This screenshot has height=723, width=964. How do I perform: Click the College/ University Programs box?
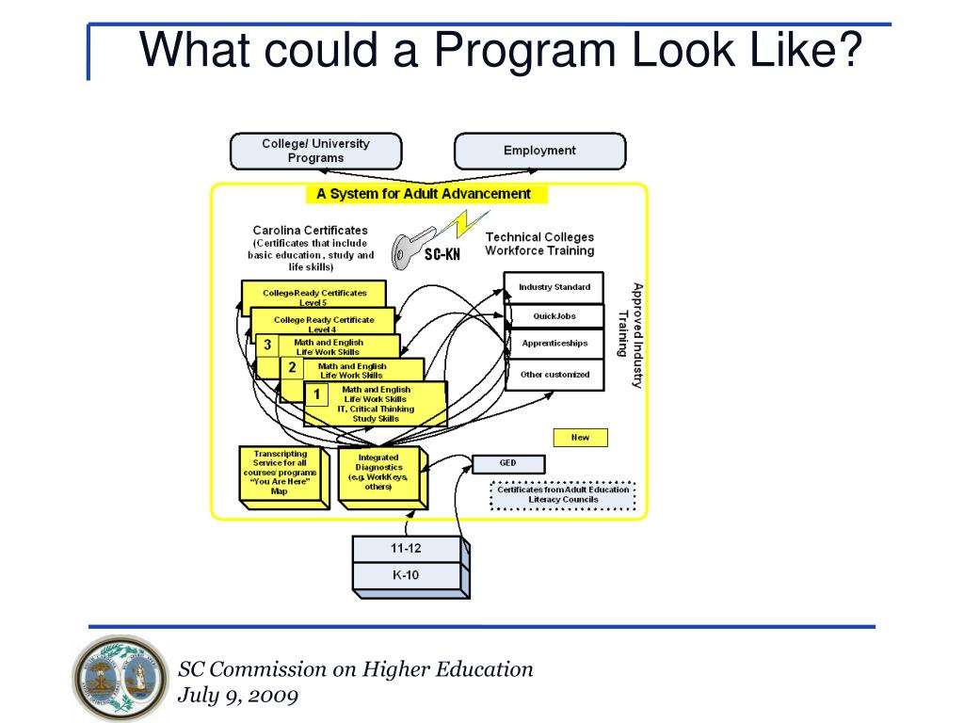[x=315, y=151]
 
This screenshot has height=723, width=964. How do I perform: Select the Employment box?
[x=539, y=151]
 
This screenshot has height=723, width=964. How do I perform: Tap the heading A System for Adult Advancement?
[x=424, y=195]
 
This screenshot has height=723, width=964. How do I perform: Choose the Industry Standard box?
[x=554, y=287]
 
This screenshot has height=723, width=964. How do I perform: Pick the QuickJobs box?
[x=554, y=316]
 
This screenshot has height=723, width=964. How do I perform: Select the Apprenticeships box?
[x=554, y=344]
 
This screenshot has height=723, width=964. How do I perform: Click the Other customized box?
[x=554, y=375]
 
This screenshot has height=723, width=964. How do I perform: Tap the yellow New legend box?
[x=580, y=438]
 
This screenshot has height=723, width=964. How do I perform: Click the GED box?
[x=507, y=463]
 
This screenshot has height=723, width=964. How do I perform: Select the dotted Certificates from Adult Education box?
[x=564, y=494]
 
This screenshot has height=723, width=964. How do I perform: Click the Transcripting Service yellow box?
[x=280, y=473]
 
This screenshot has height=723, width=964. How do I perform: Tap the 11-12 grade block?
[x=406, y=548]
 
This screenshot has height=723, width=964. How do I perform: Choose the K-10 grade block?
[x=406, y=575]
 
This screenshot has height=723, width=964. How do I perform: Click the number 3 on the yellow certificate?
[x=267, y=345]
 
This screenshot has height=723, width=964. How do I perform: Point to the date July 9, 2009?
[x=238, y=697]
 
